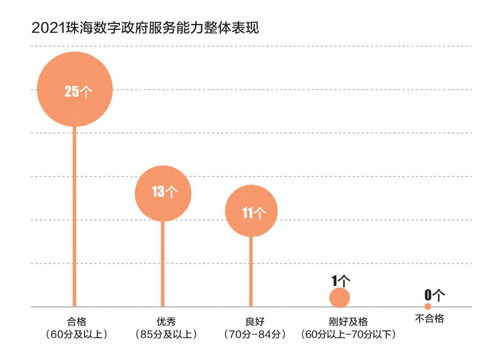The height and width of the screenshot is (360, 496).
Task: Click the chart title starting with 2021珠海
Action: (x=145, y=28)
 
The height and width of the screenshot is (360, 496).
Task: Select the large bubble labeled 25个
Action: (x=75, y=89)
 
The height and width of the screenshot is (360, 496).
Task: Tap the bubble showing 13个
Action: (x=163, y=193)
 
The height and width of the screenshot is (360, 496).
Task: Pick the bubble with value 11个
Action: (x=251, y=211)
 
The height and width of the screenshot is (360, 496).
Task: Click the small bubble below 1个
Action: (x=340, y=298)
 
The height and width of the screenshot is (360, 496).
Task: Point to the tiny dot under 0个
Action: (x=428, y=306)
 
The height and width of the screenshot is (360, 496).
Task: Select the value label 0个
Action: (x=434, y=295)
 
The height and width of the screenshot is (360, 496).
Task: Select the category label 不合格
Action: (x=430, y=319)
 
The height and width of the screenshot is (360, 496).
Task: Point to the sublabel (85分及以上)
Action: (x=166, y=335)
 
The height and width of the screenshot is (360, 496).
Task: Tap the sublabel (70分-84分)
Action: (x=255, y=335)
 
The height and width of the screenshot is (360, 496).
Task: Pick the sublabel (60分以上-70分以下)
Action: (x=348, y=335)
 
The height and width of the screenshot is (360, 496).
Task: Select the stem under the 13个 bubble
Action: (x=163, y=263)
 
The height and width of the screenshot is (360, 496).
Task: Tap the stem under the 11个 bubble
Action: (x=251, y=271)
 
